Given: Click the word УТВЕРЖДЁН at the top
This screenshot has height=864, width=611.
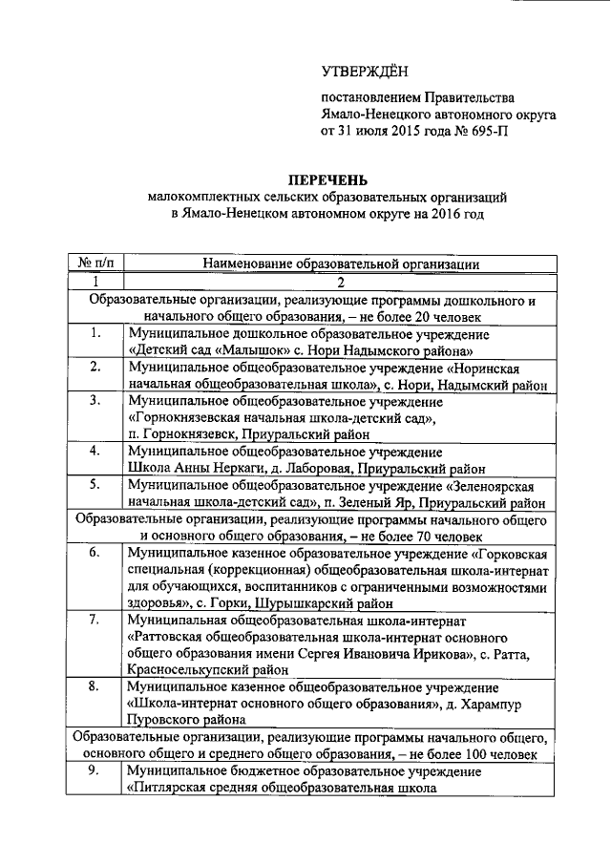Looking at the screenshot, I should coord(364,68).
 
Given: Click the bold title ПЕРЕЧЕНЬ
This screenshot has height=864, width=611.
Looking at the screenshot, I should coord(329,180).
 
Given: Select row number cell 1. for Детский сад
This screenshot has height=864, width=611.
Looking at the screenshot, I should coord(95,333).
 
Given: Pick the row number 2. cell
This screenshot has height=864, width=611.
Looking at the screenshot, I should coord(95,367).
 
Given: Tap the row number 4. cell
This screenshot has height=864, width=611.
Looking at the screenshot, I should coord(95,451).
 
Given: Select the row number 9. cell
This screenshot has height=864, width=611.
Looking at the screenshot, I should coord(95,770).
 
